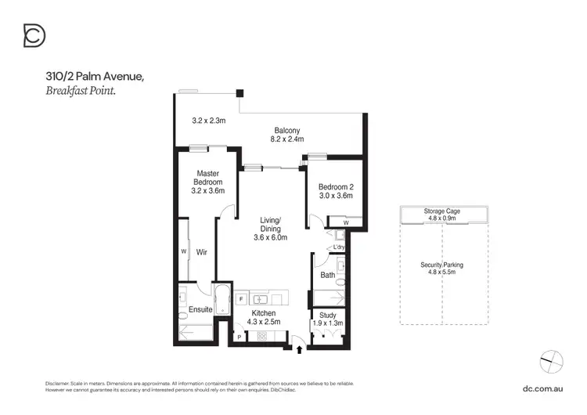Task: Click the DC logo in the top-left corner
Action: [34, 35]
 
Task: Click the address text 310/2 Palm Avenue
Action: [94, 76]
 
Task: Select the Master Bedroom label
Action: [207, 182]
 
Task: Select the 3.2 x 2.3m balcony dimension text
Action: [209, 121]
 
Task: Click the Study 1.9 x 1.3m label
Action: [327, 319]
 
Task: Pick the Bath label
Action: [328, 275]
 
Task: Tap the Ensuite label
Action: [200, 310]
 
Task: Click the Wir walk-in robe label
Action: [200, 253]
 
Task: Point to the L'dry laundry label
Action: [339, 247]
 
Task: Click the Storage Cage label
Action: [442, 211]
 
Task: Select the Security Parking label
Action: [442, 269]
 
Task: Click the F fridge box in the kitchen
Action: [240, 299]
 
